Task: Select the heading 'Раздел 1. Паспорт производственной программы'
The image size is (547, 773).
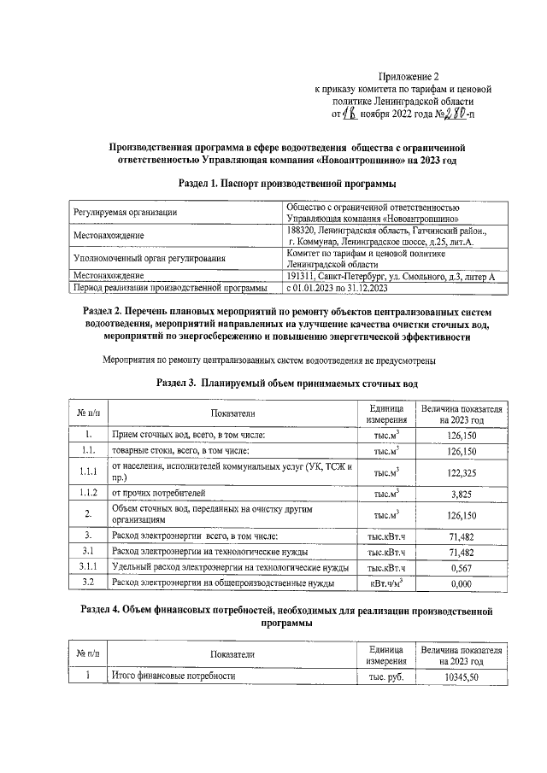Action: [x=287, y=184]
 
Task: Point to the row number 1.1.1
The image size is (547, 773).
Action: [x=88, y=472]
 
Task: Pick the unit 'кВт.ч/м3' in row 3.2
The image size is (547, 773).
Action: [x=386, y=583]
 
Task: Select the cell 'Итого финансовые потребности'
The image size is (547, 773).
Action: [x=174, y=676]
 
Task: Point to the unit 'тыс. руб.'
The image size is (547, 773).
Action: [x=386, y=676]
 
